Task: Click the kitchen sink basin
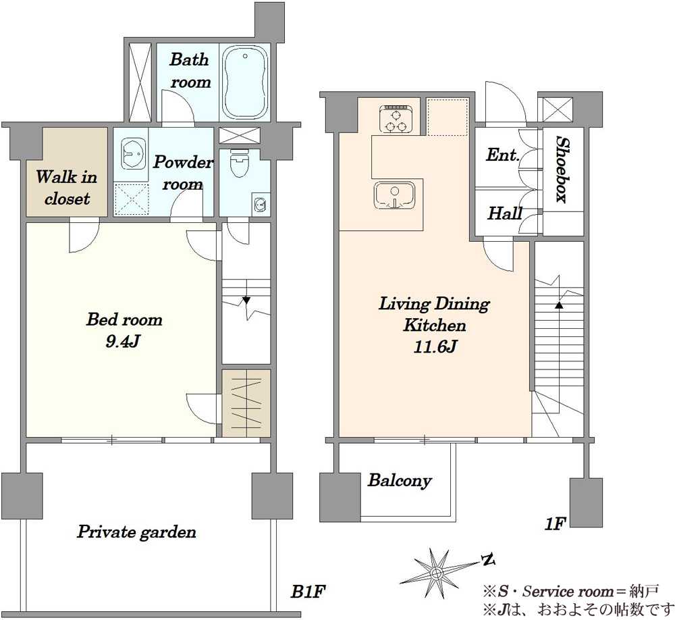click(x=395, y=195)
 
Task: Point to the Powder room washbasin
click(x=134, y=154)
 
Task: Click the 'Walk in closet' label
click(x=67, y=188)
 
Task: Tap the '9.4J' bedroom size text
click(x=124, y=341)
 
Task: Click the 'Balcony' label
click(x=400, y=480)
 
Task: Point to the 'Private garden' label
click(x=136, y=532)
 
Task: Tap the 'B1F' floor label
click(x=307, y=592)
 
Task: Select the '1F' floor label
click(x=555, y=523)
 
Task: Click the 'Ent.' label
click(x=503, y=155)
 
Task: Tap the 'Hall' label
click(x=504, y=213)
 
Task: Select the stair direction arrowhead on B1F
click(x=246, y=301)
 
